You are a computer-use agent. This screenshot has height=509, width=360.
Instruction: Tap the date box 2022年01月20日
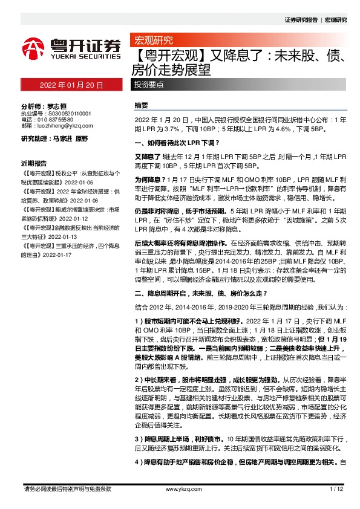coord(71,85)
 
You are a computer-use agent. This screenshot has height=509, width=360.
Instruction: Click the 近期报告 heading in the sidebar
coord(33,164)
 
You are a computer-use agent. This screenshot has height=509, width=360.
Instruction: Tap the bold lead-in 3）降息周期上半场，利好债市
coord(187,437)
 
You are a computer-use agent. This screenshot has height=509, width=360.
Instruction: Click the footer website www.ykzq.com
coord(180,489)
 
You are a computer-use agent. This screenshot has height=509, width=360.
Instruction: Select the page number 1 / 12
coord(337,489)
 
